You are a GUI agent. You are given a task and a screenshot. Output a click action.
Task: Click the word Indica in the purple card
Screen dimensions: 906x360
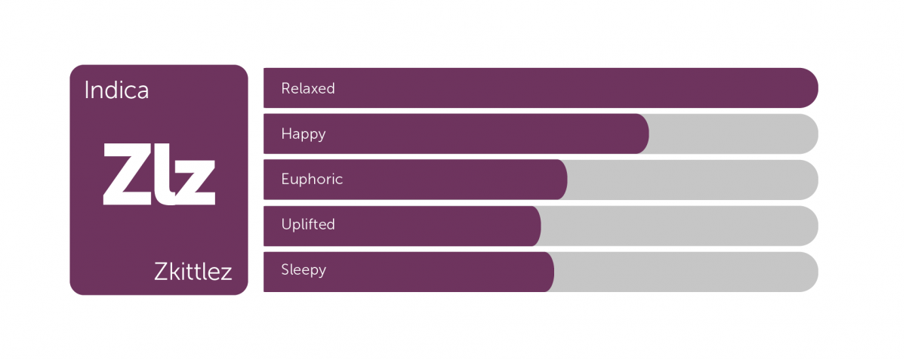click(x=116, y=91)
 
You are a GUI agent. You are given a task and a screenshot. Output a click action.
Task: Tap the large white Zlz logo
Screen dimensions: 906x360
click(x=159, y=174)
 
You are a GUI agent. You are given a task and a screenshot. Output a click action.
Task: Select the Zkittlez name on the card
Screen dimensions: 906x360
click(x=193, y=272)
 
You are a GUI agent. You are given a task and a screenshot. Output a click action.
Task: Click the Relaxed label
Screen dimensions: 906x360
click(x=308, y=88)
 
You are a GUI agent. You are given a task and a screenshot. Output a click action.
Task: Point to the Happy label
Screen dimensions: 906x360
click(x=304, y=134)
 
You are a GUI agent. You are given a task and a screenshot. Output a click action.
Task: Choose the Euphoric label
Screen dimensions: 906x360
click(x=312, y=179)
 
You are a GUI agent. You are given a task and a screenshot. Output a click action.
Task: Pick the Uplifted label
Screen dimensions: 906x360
click(x=308, y=224)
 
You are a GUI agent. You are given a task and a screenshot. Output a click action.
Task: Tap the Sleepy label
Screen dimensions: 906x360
click(x=304, y=270)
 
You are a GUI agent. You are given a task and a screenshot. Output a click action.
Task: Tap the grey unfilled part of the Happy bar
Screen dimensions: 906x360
click(x=734, y=134)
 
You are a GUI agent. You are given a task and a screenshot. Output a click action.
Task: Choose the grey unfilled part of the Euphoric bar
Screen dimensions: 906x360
click(x=693, y=180)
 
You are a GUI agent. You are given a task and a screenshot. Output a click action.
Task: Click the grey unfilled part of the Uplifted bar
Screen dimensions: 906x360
click(x=679, y=226)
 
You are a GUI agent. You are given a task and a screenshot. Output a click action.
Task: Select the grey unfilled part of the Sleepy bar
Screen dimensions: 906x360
click(x=686, y=272)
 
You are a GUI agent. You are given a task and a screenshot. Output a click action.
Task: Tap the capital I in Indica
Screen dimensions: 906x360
click(x=87, y=91)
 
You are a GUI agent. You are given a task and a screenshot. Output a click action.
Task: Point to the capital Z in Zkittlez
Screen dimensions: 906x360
click(x=161, y=272)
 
